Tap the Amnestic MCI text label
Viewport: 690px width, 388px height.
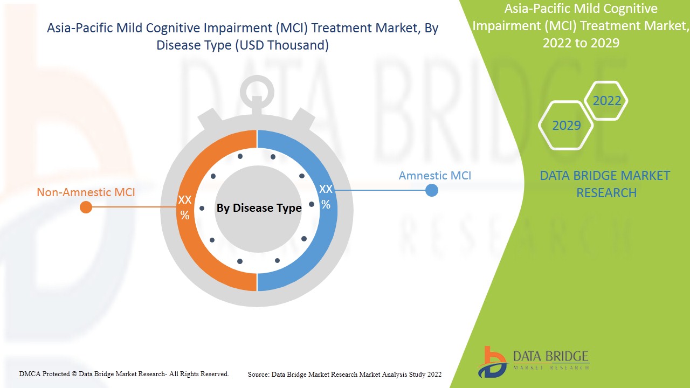tap(434, 176)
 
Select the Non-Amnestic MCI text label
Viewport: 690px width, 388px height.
tap(86, 192)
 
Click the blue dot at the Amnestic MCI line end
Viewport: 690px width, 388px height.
tap(431, 190)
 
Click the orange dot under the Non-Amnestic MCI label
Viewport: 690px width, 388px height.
tap(86, 207)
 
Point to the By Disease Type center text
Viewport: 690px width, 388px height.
tap(259, 208)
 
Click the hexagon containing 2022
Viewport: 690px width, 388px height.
tap(606, 101)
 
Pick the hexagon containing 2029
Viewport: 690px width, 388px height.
tap(566, 126)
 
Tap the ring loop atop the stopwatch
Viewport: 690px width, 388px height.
tap(257, 92)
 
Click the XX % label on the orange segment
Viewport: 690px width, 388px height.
tap(185, 207)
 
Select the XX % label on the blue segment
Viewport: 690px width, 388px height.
tap(326, 196)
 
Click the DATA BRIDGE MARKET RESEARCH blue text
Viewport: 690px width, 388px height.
tap(605, 184)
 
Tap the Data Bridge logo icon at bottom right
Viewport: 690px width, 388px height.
tap(492, 362)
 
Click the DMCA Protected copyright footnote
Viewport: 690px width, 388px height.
tap(124, 373)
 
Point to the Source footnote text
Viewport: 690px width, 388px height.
tap(344, 374)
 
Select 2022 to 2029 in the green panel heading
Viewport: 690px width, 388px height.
tap(581, 43)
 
